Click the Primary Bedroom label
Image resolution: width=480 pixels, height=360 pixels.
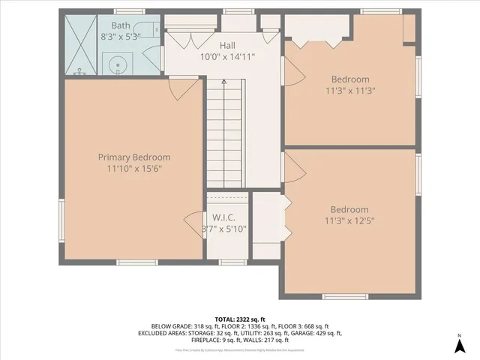tap(134, 157)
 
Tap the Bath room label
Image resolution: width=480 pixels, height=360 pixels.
tap(121, 25)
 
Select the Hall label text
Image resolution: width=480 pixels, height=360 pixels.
tap(228, 45)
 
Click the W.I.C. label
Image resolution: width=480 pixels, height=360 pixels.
tap(224, 217)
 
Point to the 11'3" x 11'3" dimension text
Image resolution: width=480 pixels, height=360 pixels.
tap(349, 91)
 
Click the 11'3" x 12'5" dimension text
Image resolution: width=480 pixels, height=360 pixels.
tap(349, 221)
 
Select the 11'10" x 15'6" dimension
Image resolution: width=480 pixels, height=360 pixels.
tap(134, 169)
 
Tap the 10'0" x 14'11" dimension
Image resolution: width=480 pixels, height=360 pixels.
tap(228, 56)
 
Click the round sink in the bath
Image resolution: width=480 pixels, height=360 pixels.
tap(118, 65)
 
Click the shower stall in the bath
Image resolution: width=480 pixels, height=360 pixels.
tap(81, 46)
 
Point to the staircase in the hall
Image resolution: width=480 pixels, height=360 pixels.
tap(224, 135)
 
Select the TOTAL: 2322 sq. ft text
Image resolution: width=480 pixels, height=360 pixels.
tap(240, 319)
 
